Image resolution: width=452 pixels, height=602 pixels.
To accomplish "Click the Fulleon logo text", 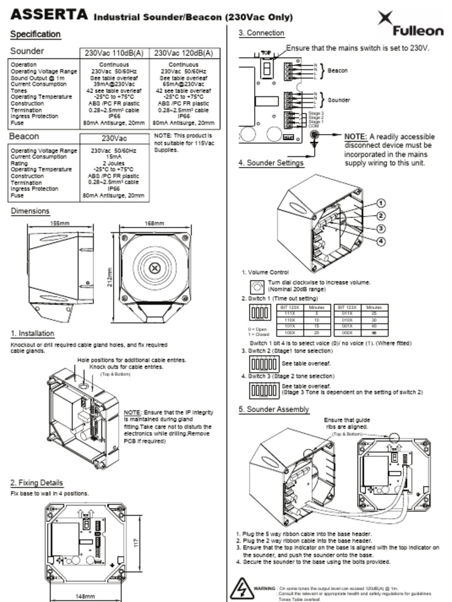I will (x=418, y=31).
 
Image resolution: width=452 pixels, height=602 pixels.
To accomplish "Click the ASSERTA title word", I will (x=49, y=15).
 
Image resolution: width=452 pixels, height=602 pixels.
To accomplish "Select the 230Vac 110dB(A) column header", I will (x=114, y=53).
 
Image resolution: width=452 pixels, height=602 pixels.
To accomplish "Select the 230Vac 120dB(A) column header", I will (x=184, y=53).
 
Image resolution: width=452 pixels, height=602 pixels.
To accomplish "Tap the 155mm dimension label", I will (x=59, y=223).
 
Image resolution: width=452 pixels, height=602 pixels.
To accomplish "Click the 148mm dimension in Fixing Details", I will (x=85, y=596).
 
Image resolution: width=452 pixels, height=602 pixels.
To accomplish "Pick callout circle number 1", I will (x=381, y=203).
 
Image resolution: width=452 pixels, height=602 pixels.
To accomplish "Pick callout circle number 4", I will (x=381, y=241).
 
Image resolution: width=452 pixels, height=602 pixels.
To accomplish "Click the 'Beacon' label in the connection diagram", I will (x=337, y=71).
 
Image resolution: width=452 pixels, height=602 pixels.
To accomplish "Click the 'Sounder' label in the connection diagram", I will (x=338, y=100).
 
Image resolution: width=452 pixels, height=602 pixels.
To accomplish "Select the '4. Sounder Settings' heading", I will (x=271, y=163).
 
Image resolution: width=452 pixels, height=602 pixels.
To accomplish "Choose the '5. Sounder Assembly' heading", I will (x=274, y=409).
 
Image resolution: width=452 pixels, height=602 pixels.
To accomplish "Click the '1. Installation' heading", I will (x=32, y=333).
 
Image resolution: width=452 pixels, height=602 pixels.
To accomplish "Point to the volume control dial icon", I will (x=257, y=287).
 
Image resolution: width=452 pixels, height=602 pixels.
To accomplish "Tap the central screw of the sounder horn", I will (x=154, y=268).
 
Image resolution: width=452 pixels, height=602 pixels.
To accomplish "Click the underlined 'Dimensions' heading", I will (x=30, y=211).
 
